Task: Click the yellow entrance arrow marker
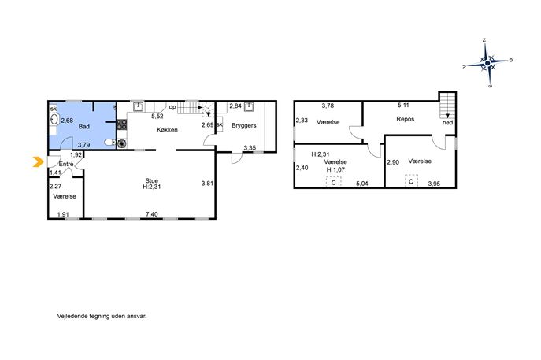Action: [38, 161]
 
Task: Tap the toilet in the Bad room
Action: [109, 143]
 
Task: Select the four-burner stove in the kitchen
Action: [121, 124]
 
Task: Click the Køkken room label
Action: [167, 130]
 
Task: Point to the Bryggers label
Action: [244, 125]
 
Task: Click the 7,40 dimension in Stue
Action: [152, 214]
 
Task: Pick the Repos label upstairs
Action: [405, 119]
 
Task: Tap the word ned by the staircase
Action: [447, 123]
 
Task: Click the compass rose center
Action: [487, 63]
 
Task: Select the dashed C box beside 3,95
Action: [411, 181]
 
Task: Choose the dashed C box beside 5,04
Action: [333, 182]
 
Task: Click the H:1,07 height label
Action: [335, 169]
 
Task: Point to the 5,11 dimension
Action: [403, 106]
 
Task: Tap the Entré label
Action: [66, 164]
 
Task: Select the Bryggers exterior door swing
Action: [237, 158]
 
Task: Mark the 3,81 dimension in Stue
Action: [207, 184]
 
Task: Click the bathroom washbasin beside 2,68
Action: [54, 120]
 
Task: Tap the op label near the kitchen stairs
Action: [172, 107]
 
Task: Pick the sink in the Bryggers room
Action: [249, 106]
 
